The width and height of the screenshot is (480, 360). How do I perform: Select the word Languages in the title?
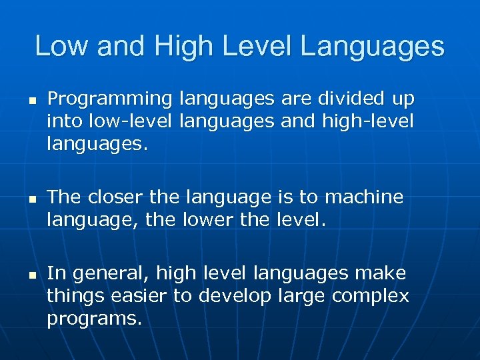click(x=373, y=47)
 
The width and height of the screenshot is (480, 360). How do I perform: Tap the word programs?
click(x=94, y=318)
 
